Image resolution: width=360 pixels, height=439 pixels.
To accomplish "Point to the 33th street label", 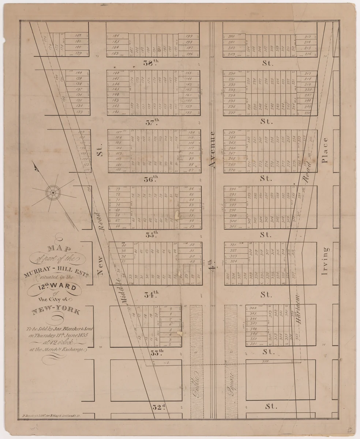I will click(157, 353).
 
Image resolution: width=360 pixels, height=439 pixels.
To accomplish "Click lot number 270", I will click(231, 170).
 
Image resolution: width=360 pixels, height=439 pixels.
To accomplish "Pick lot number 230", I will click(231, 73).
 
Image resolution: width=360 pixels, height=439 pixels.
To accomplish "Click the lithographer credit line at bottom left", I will click(51, 416).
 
